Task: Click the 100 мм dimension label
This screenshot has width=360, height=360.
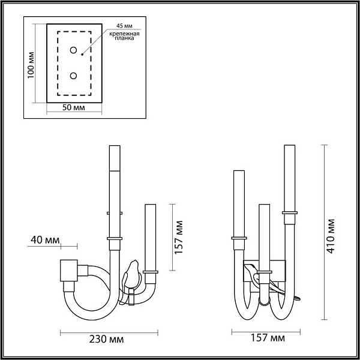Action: [31, 65]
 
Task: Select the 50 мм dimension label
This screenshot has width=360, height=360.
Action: [73, 107]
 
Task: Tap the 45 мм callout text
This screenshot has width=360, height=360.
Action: [124, 26]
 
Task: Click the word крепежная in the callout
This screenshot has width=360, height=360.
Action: [124, 34]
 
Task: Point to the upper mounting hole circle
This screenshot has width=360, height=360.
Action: [73, 50]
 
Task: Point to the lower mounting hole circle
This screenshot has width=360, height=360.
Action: [73, 76]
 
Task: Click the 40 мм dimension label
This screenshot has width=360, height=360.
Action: [45, 240]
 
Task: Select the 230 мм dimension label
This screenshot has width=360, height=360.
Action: [106, 340]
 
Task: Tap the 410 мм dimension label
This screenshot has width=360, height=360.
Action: [331, 236]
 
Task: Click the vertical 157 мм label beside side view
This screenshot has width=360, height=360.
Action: [179, 237]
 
